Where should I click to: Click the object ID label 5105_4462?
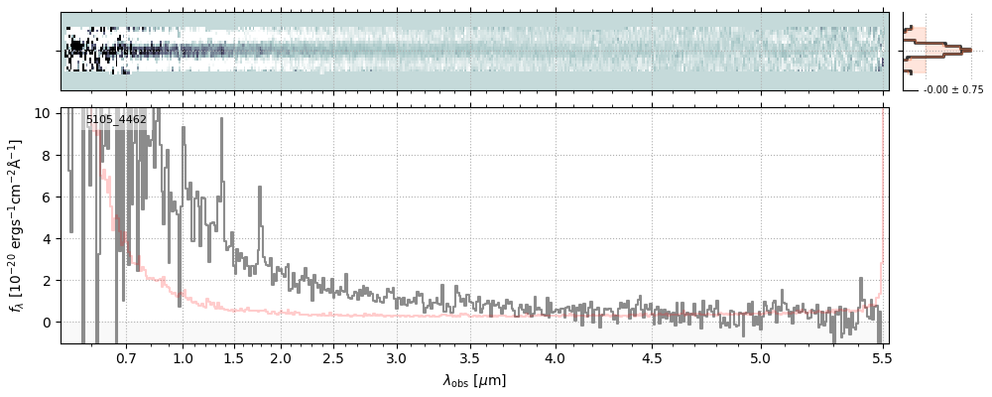point(116,120)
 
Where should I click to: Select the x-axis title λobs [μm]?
point(474,380)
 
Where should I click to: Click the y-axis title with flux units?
point(17,225)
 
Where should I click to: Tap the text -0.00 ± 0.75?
point(952,90)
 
